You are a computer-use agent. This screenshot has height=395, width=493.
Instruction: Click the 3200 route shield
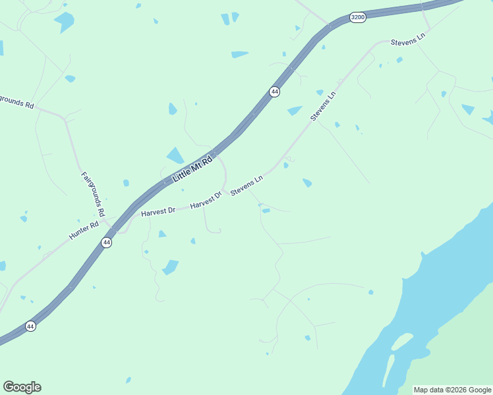tap(357, 18)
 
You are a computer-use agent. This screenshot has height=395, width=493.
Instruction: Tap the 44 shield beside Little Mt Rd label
tap(275, 92)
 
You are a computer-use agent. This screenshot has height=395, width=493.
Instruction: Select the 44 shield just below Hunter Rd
tap(106, 242)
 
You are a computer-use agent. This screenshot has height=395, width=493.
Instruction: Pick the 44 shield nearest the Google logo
tap(30, 326)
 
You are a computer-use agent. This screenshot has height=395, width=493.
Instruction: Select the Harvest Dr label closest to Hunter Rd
tap(158, 211)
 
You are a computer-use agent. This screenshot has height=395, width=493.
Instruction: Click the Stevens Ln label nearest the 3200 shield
tap(408, 40)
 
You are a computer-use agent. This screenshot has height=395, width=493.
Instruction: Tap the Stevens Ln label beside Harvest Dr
tap(246, 184)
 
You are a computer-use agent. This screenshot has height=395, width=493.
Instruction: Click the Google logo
tap(22, 387)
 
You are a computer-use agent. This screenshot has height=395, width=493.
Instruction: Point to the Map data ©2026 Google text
tap(452, 390)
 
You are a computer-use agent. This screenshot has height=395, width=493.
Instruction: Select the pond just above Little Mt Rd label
tap(175, 155)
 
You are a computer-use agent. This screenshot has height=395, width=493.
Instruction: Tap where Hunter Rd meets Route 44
tap(112, 230)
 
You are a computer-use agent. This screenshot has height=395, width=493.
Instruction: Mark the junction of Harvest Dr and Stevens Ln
tap(226, 193)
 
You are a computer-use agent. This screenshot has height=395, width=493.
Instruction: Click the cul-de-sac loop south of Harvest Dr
tap(213, 230)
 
